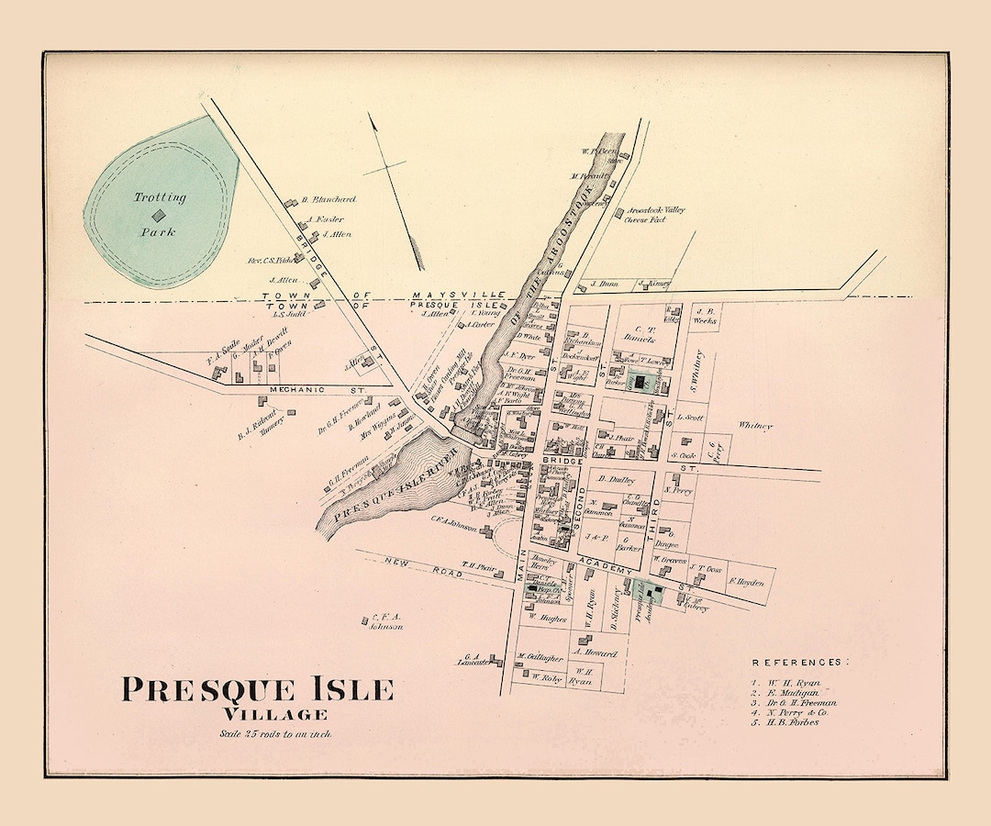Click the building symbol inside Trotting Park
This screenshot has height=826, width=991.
pyautogui.click(x=159, y=215)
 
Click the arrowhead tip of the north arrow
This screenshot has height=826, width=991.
pyautogui.click(x=372, y=117)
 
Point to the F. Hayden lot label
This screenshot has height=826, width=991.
pyautogui.click(x=747, y=581)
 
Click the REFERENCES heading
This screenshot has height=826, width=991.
pyautogui.click(x=800, y=662)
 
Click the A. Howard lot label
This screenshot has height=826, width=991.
pyautogui.click(x=595, y=653)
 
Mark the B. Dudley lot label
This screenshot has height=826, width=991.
pyautogui.click(x=617, y=479)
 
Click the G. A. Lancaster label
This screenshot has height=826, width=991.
pyautogui.click(x=473, y=660)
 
